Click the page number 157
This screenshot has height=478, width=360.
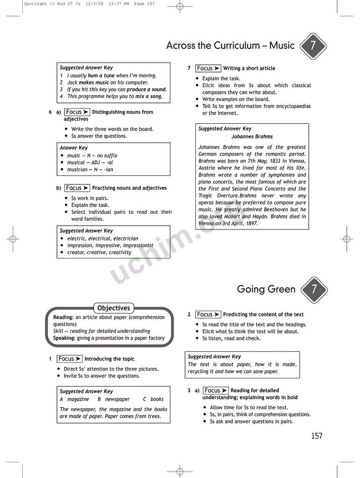pyautogui.click(x=316, y=436)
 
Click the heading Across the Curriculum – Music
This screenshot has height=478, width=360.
pyautogui.click(x=230, y=46)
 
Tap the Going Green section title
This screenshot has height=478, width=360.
pyautogui.click(x=266, y=289)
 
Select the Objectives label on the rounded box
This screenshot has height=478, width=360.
pyautogui.click(x=113, y=308)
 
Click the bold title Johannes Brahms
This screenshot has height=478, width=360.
pyautogui.click(x=252, y=137)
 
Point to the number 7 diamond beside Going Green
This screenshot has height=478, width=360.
pyautogui.click(x=314, y=289)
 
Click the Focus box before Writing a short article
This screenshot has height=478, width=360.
pyautogui.click(x=208, y=68)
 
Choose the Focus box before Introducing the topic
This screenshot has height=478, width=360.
pyautogui.click(x=69, y=359)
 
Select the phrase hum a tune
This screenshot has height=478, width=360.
pyautogui.click(x=101, y=75)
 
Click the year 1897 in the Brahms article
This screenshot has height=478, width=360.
pyautogui.click(x=249, y=223)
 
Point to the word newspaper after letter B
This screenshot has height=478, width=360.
pyautogui.click(x=117, y=399)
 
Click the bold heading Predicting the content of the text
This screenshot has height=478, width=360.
pyautogui.click(x=263, y=314)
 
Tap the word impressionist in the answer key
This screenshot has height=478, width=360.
pyautogui.click(x=138, y=246)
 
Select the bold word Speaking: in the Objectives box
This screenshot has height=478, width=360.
pyautogui.click(x=64, y=338)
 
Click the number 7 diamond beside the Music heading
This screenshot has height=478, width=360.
pyautogui.click(x=314, y=46)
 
